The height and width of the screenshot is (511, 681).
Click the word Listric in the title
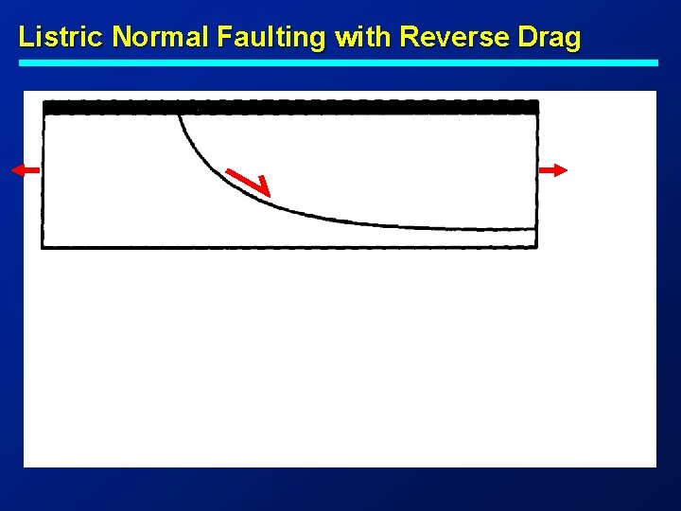point(61,37)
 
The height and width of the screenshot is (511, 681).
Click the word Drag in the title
point(553,38)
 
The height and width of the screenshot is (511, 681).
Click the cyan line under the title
point(339,62)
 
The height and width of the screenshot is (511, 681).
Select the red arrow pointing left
point(26,169)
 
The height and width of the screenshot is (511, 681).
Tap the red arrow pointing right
point(554,169)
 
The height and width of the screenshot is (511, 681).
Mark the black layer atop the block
point(290,107)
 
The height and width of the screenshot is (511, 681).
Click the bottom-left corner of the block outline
point(44,247)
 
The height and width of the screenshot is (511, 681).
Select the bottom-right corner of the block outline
point(536,247)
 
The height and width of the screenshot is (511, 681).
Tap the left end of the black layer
point(46,107)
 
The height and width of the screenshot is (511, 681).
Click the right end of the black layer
point(535,107)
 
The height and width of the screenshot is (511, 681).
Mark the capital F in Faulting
point(223,37)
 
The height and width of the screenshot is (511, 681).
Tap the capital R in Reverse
point(410,37)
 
